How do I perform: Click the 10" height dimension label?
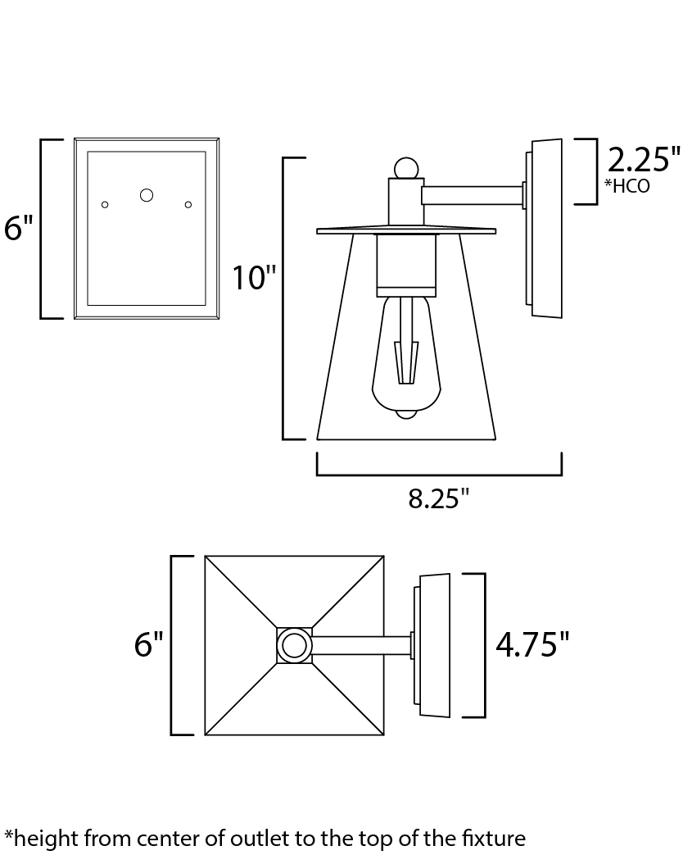(255, 277)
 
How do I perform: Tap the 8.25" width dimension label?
(439, 498)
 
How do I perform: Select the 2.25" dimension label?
(644, 159)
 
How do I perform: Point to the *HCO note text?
(627, 186)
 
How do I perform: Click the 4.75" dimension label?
(532, 644)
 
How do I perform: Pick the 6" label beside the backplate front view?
(19, 227)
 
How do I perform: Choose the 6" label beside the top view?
(149, 644)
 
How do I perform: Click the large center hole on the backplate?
(147, 194)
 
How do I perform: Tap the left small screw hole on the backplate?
(105, 204)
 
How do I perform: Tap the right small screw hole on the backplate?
(188, 204)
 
